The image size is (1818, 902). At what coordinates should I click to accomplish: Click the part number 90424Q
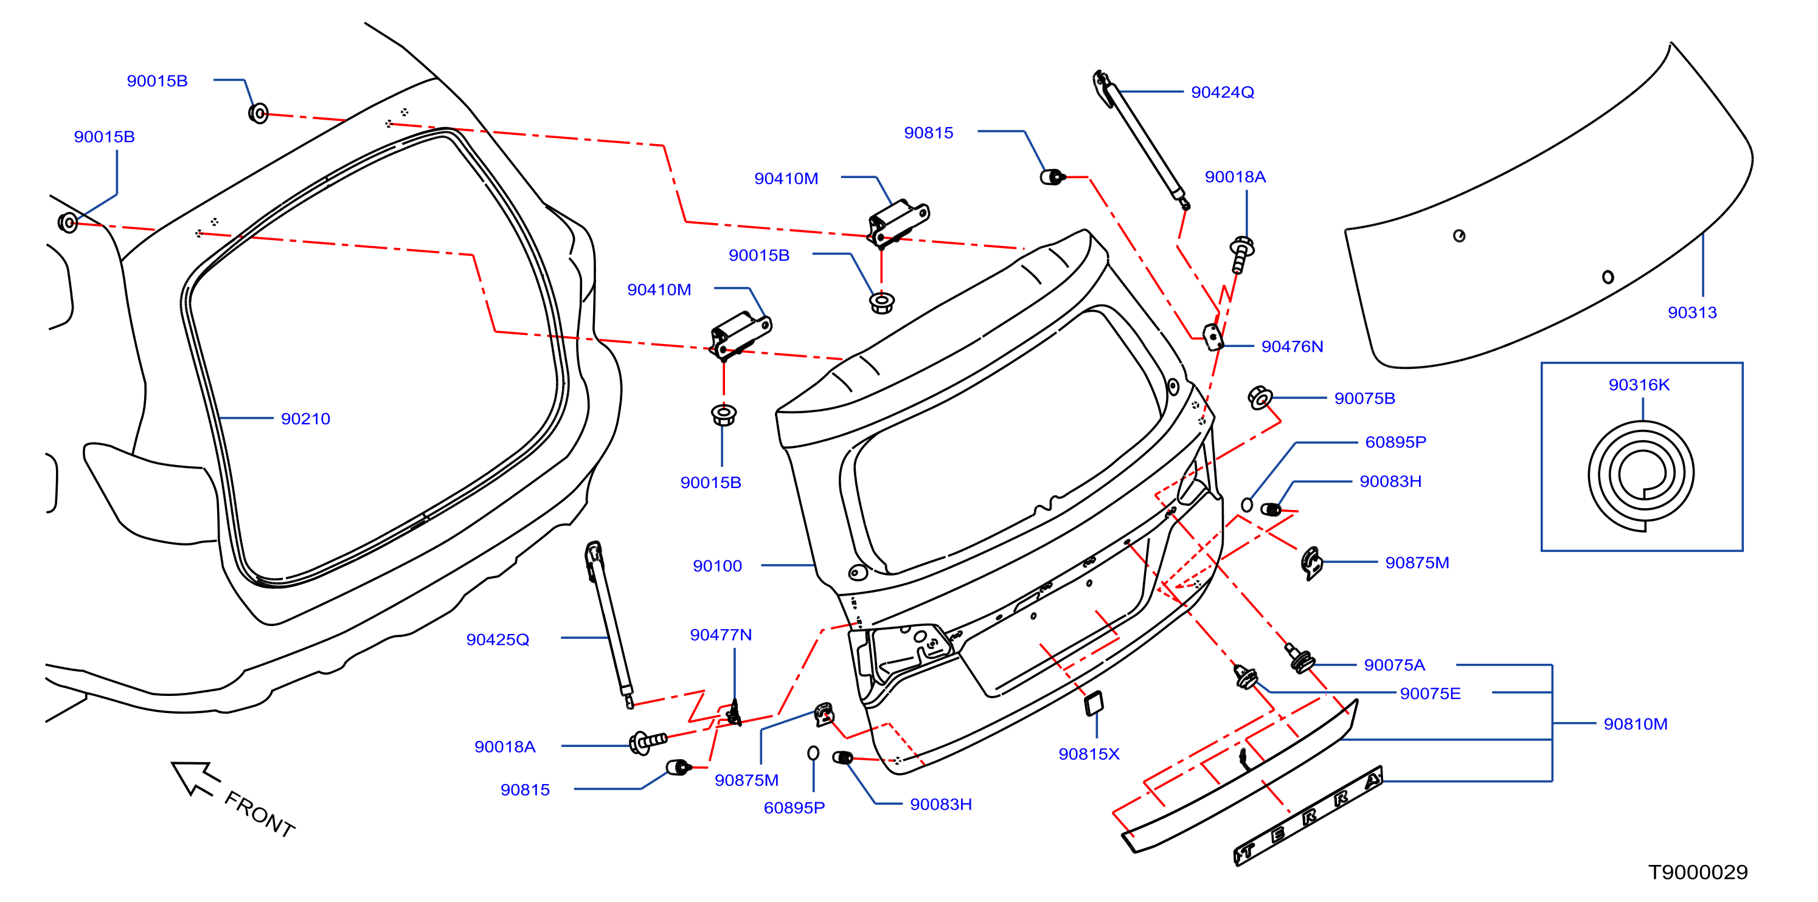1223,92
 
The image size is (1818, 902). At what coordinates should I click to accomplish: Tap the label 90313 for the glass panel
1691,312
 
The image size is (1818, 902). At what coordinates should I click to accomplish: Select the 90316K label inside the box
1639,385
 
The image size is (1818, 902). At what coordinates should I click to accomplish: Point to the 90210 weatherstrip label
305,419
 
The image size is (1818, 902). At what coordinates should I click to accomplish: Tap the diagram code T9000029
1698,872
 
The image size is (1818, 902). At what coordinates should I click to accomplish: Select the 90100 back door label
717,566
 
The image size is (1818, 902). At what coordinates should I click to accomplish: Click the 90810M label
1635,725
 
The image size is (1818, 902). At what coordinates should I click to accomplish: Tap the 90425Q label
498,639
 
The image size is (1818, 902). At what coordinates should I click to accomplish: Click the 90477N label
721,635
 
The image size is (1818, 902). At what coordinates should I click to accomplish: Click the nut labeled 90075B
1260,398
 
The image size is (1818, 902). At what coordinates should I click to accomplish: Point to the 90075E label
1430,694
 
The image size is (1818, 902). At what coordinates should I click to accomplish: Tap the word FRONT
259,814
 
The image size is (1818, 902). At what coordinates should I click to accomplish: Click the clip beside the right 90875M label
1311,563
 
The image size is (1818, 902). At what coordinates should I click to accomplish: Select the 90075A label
1394,665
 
